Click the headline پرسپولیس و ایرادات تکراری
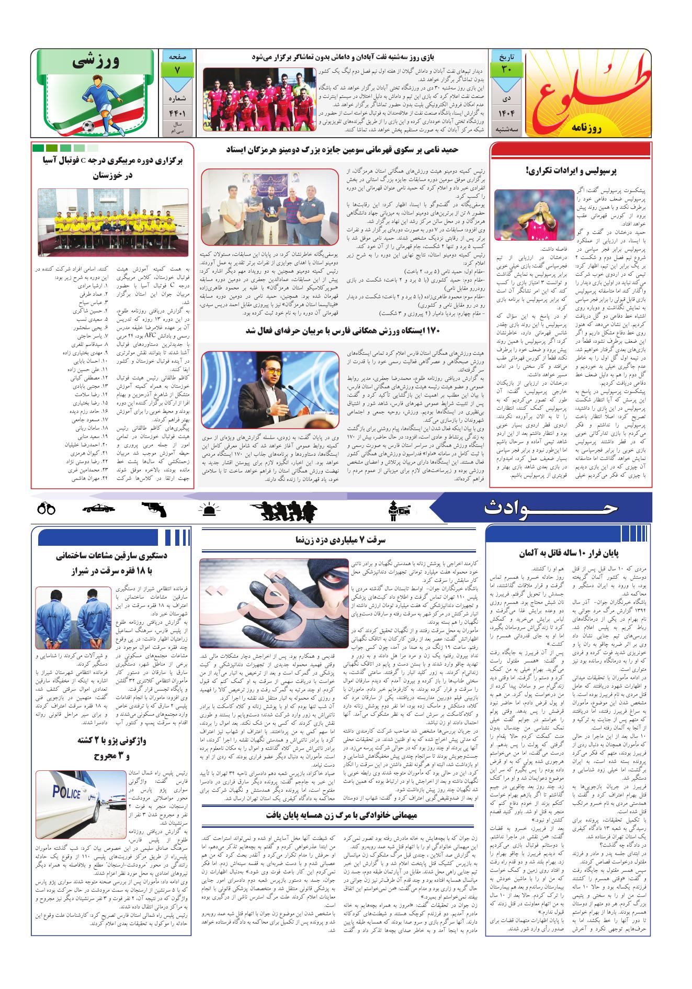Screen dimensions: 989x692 [571, 171]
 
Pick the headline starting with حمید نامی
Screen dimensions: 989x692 [343, 150]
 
